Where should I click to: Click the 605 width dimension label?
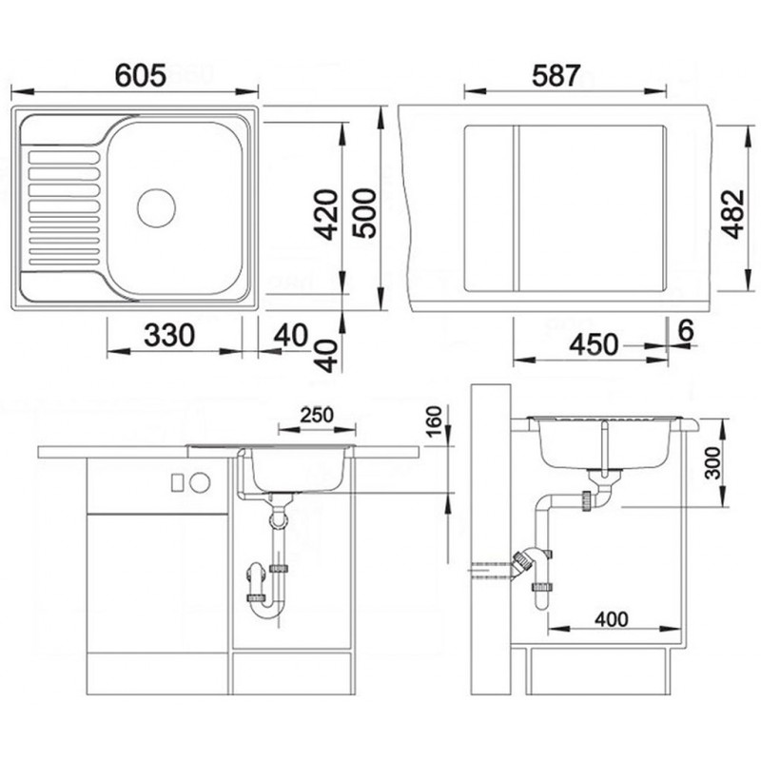141,75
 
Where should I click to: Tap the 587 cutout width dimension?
556,75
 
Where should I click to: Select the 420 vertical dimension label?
325,215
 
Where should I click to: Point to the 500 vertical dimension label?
364,213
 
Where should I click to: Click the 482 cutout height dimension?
732,213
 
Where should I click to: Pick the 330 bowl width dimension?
169,335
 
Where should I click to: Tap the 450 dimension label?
594,344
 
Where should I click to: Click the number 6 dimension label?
686,331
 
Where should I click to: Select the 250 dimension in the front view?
317,416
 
